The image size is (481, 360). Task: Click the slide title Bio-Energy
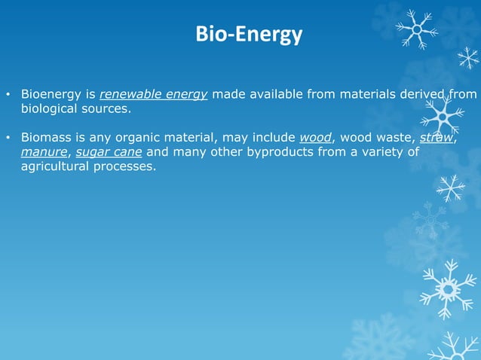point(248,35)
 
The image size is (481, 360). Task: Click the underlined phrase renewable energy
point(153,94)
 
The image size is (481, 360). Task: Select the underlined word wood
point(316,138)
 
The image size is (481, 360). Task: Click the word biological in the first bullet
point(51,108)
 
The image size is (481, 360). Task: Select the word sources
point(109,108)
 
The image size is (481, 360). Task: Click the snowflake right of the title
point(415,29)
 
